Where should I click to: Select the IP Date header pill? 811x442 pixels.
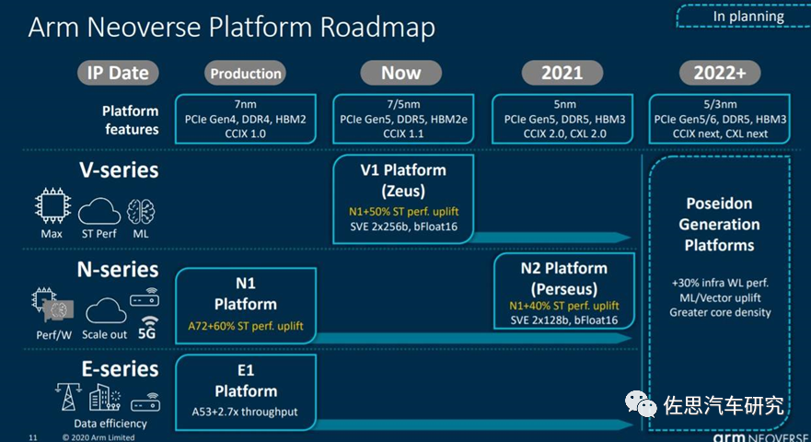click(118, 73)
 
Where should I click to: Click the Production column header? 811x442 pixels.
click(245, 73)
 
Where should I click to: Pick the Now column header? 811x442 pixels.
click(400, 73)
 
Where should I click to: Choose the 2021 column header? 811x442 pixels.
click(562, 73)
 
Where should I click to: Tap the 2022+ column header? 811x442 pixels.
click(720, 73)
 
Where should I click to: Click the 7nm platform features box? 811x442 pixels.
click(245, 119)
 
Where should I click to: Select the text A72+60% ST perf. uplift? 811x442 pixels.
click(245, 327)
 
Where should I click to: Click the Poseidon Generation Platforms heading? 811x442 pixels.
click(721, 224)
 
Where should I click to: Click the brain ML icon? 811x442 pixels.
click(140, 211)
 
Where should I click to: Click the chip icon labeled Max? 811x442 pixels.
click(52, 211)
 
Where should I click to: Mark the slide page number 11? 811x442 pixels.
click(33, 436)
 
